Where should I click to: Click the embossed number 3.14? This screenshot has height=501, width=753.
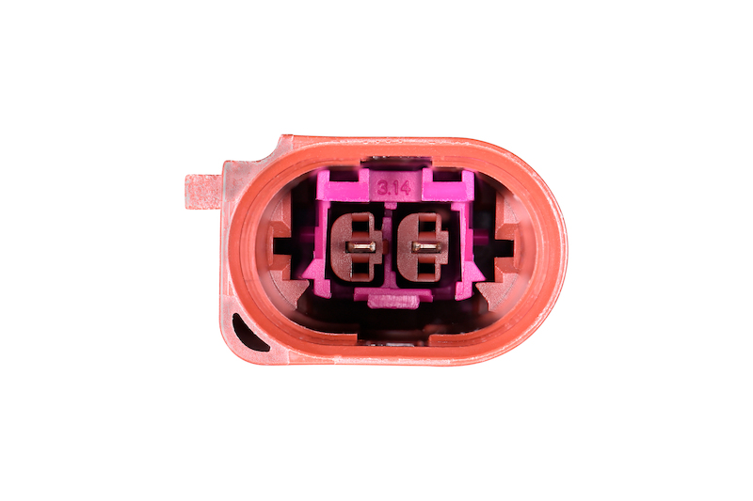pyautogui.click(x=393, y=187)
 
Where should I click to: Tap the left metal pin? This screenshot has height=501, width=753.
pyautogui.click(x=361, y=247)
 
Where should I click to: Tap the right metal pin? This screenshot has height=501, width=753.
pyautogui.click(x=426, y=247)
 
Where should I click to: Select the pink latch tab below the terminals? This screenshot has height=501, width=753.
pyautogui.click(x=393, y=301)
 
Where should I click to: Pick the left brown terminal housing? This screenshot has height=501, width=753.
pyautogui.click(x=358, y=247)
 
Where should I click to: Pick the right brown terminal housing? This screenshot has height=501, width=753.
pyautogui.click(x=423, y=247)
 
